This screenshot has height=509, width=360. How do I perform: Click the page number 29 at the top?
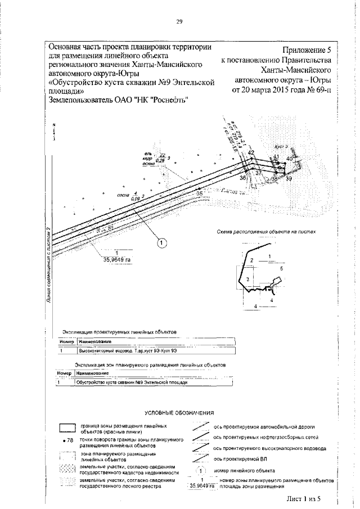180,22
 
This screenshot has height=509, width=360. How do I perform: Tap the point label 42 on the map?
251,153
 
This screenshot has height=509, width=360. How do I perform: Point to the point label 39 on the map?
289,178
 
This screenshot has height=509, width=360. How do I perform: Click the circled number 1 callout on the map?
161,244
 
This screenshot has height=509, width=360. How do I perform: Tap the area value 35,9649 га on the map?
117,260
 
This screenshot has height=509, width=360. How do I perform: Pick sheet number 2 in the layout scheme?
253,260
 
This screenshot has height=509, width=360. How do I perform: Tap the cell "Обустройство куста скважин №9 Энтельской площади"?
130,382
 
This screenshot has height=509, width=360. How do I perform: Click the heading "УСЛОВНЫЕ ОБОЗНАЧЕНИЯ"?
180,413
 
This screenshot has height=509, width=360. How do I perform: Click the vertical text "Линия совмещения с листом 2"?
49,264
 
